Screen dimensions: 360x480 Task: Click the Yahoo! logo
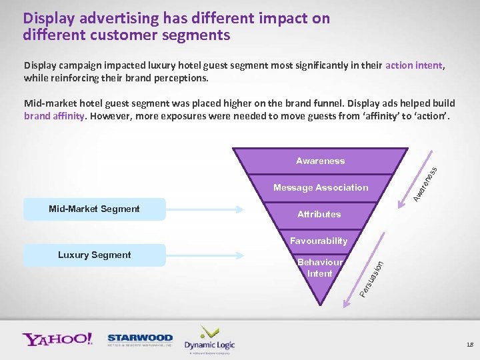pyautogui.click(x=57, y=339)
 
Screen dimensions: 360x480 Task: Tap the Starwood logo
pyautogui.click(x=140, y=340)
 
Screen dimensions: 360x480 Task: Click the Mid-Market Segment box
pyautogui.click(x=94, y=209)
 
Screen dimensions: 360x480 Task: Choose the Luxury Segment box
pyautogui.click(x=94, y=255)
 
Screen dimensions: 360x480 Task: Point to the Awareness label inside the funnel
pyautogui.click(x=320, y=161)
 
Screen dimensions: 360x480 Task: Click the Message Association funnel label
pyautogui.click(x=320, y=187)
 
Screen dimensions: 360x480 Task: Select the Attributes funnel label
pyautogui.click(x=319, y=214)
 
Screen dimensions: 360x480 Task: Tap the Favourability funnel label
pyautogui.click(x=318, y=241)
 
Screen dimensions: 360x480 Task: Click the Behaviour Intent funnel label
pyautogui.click(x=319, y=268)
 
